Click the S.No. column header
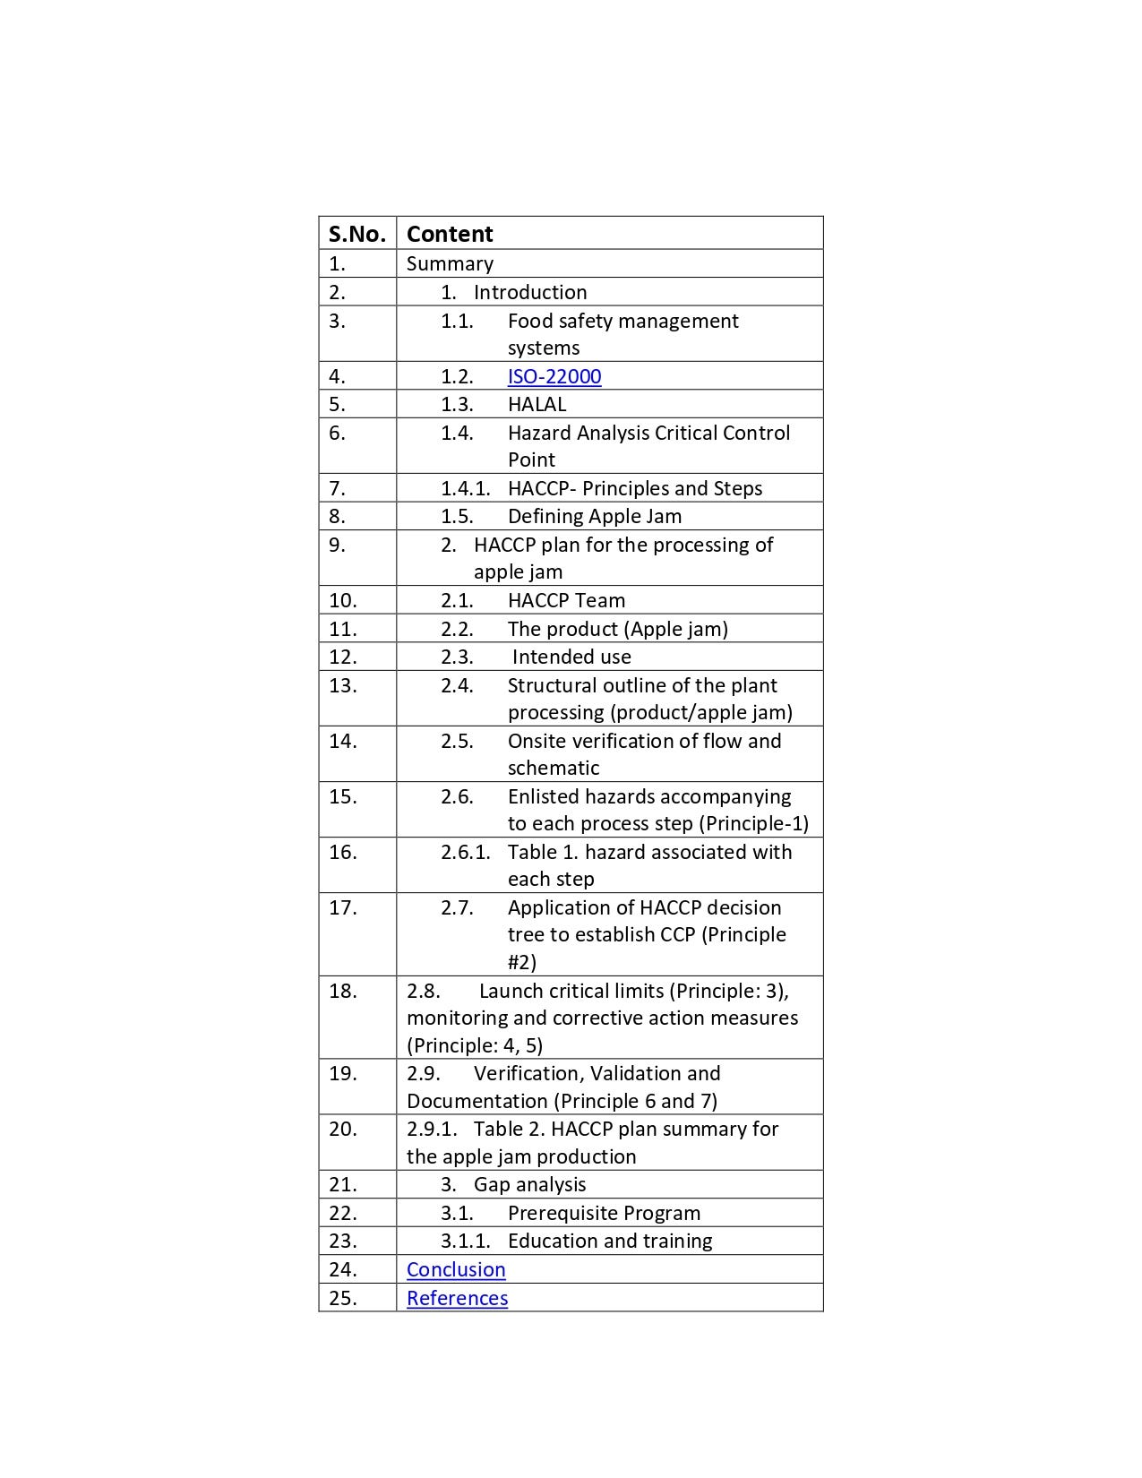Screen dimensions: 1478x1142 point(356,234)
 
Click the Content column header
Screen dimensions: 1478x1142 point(450,234)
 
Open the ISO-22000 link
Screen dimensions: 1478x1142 point(554,376)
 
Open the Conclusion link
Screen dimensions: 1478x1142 point(456,1269)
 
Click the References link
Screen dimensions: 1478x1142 point(457,1298)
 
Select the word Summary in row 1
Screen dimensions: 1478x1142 point(450,263)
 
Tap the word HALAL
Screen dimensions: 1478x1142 point(537,404)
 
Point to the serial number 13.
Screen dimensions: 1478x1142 point(342,685)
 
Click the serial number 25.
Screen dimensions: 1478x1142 point(342,1298)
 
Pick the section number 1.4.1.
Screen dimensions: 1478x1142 point(465,488)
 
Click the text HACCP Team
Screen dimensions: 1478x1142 point(566,600)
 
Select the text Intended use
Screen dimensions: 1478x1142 point(571,657)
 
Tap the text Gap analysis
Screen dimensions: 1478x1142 point(529,1184)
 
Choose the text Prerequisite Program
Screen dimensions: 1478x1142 point(604,1213)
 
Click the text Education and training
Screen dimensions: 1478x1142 point(610,1241)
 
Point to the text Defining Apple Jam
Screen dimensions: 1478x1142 point(595,516)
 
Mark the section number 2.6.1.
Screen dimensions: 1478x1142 point(465,852)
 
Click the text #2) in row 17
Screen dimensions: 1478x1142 point(522,962)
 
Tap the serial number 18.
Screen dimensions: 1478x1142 point(342,991)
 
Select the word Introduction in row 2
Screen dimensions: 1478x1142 point(530,292)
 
